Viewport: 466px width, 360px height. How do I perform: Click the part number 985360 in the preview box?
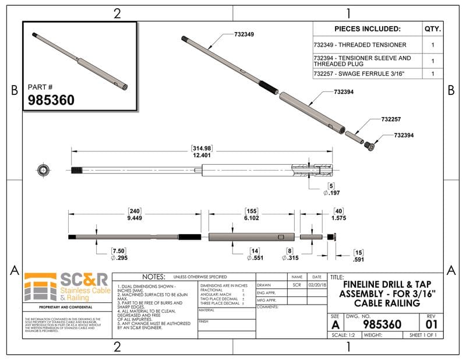point(51,100)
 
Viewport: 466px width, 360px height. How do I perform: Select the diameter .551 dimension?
point(256,257)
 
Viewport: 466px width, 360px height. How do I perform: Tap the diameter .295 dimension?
point(118,257)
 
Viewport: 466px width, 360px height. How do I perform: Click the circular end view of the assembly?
point(43,170)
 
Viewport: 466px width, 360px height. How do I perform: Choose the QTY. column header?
point(433,29)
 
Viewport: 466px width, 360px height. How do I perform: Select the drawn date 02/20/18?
point(317,285)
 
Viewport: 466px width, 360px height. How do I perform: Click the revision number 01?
point(432,324)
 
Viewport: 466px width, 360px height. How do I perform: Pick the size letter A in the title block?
point(335,324)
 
